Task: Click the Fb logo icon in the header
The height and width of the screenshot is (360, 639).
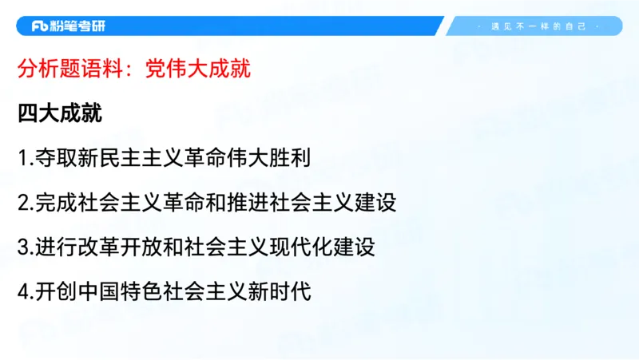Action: [41, 26]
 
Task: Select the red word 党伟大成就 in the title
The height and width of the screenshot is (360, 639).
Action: [198, 69]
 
